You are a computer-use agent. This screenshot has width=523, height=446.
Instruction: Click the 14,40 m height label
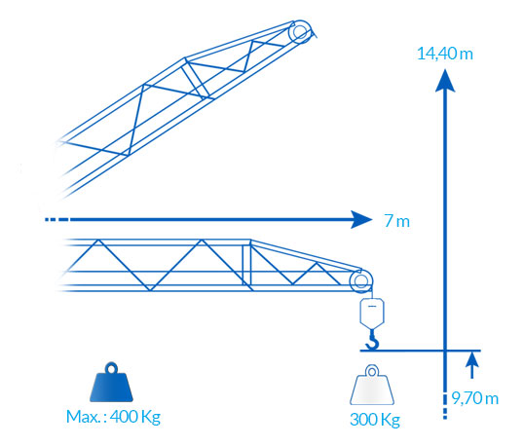[445, 54]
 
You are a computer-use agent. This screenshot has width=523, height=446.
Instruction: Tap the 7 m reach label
[397, 221]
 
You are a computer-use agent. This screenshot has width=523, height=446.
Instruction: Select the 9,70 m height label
[475, 398]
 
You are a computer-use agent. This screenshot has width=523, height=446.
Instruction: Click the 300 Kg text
[375, 420]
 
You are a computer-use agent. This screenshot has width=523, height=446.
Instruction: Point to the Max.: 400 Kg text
[113, 417]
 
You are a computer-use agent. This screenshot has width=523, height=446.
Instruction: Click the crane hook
[373, 340]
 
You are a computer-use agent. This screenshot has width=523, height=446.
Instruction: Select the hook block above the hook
[372, 313]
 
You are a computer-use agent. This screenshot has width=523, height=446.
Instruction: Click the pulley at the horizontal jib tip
[361, 280]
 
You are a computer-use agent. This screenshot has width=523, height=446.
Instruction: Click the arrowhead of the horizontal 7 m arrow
[361, 219]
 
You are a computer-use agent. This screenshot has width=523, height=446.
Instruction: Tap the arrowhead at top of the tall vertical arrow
[445, 80]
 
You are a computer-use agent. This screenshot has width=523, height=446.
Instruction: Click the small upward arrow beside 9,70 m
[471, 365]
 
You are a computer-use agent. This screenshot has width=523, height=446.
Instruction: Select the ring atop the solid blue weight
[111, 369]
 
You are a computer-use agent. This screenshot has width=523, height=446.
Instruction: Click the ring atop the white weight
[372, 371]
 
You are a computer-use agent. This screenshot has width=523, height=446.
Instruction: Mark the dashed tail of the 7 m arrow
[57, 219]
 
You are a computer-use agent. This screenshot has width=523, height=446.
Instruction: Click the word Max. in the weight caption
[83, 417]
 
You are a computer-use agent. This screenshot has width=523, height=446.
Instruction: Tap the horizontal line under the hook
[421, 351]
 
